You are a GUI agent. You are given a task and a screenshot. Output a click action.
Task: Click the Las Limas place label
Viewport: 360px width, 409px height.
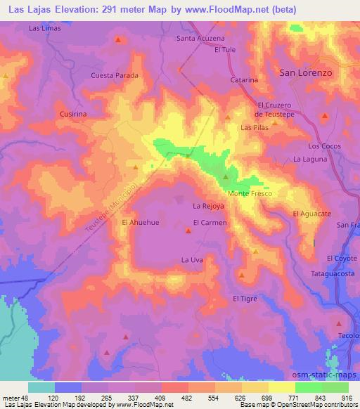(43, 27)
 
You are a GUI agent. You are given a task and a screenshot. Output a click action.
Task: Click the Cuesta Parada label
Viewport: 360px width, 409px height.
(114, 75)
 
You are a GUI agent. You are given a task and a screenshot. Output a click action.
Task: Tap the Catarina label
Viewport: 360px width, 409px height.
(245, 80)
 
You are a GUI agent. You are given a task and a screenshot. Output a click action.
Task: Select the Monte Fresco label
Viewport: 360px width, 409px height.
(249, 193)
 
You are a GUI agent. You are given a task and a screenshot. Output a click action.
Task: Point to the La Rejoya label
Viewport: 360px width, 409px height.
(207, 207)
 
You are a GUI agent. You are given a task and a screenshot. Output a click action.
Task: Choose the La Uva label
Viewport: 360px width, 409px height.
(192, 260)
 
